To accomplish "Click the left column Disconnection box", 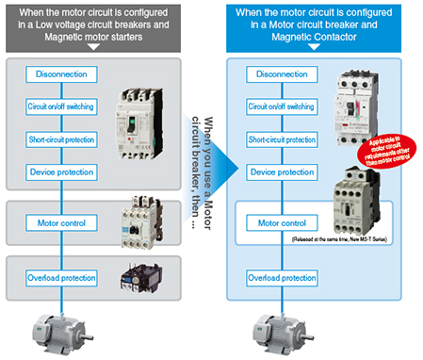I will click(59, 74).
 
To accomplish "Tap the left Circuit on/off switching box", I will click(59, 106).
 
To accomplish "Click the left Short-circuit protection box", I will click(59, 139).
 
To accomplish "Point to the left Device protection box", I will click(59, 172).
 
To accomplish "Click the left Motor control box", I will click(59, 224).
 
